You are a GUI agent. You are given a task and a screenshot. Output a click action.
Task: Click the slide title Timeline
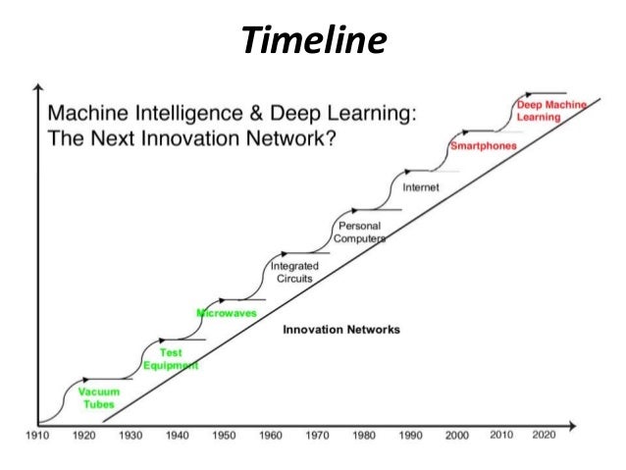[313, 40]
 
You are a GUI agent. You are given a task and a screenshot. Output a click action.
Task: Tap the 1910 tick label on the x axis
[36, 434]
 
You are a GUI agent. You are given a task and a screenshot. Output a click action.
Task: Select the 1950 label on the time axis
[224, 434]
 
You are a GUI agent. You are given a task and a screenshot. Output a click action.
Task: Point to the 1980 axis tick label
[364, 434]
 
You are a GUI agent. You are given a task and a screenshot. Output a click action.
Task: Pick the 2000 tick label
[456, 434]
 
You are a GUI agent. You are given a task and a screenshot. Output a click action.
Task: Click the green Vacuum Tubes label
[99, 397]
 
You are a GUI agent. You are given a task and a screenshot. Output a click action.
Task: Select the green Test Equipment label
[171, 359]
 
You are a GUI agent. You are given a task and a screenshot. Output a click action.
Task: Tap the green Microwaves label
[227, 313]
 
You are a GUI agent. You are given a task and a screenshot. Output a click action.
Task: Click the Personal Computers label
[358, 233]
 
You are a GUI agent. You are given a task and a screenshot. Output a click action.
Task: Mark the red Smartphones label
[483, 146]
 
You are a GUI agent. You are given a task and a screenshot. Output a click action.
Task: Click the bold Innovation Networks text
[340, 330]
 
